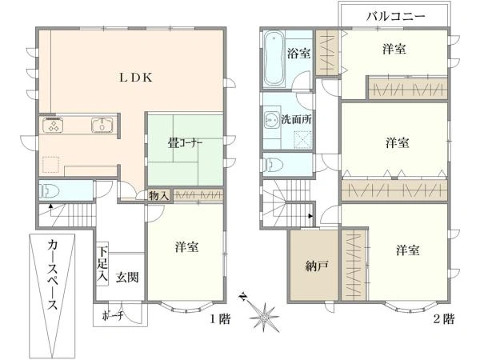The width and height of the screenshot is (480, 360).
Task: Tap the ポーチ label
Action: click(x=112, y=315)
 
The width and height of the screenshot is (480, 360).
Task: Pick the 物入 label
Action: click(x=158, y=195)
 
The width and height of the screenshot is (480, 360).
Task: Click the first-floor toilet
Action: click(x=49, y=191)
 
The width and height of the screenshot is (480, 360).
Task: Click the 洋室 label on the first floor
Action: click(x=186, y=249)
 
